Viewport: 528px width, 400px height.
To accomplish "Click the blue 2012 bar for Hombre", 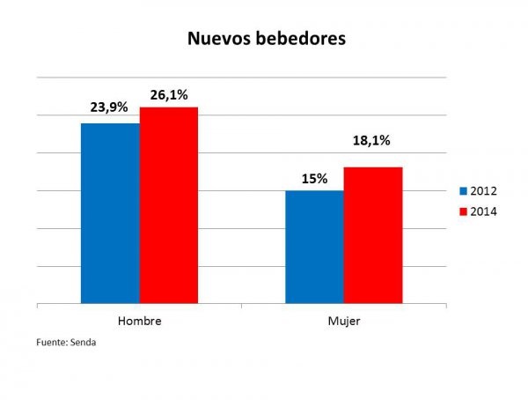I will pos(110,214).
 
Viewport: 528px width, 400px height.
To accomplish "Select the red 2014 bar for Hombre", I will pos(168,206).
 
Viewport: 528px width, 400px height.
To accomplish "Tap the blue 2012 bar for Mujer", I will pos(314,248).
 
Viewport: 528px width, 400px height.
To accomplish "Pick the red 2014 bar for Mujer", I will pos(372,236).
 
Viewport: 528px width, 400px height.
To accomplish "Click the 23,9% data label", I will pos(109,107).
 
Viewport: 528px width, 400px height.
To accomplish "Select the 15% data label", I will pos(314,179).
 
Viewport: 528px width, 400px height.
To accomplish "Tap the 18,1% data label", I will pos(372,140).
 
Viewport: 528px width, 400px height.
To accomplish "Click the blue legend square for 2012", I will pos(463,191).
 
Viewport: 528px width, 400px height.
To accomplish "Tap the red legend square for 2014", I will pos(463,212).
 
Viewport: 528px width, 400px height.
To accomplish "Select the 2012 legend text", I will pos(485,191).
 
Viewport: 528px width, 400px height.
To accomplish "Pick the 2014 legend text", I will pos(485,212).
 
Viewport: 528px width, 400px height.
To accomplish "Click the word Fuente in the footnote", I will pos(51,342).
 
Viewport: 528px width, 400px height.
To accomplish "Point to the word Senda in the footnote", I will pos(84,342).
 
